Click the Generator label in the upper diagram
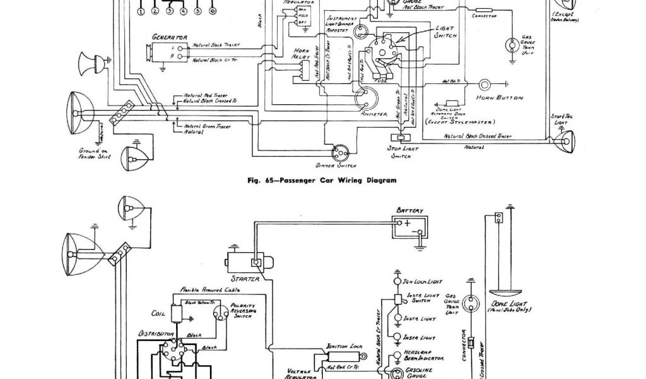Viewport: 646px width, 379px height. pos(165,37)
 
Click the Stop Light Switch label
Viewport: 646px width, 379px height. pos(398,152)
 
